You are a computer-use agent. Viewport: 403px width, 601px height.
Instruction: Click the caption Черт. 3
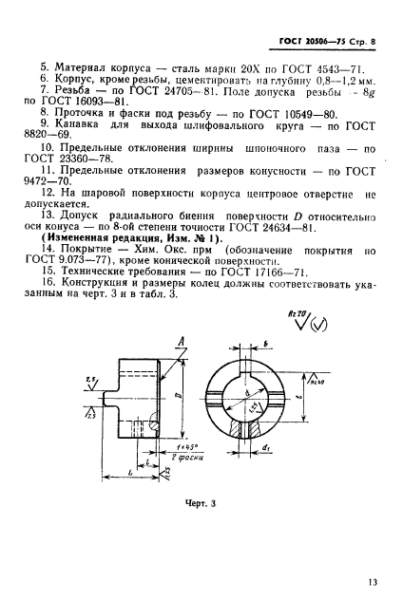point(201,502)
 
